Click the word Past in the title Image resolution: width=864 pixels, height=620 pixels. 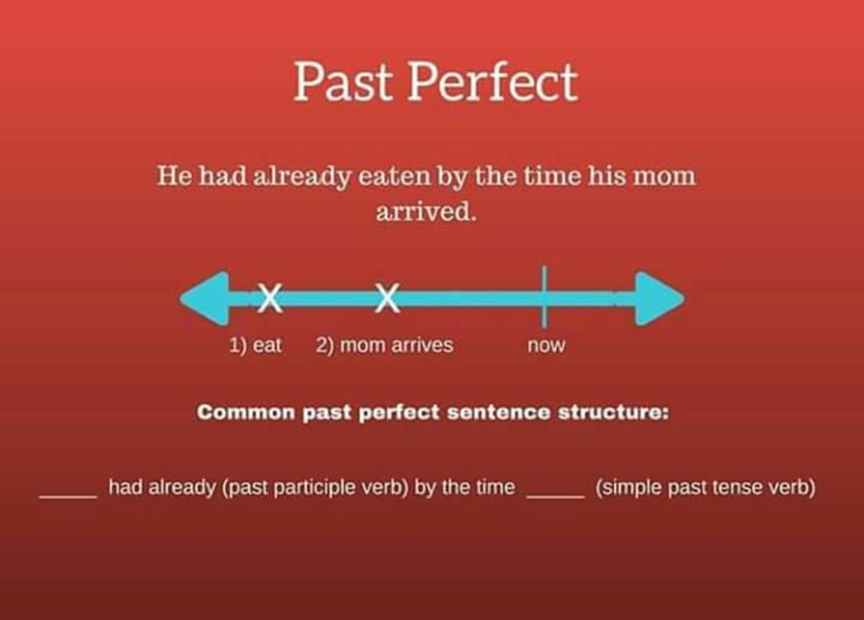point(345,83)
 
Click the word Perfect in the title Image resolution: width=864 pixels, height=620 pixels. point(494,83)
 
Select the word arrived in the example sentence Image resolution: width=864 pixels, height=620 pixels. point(426,211)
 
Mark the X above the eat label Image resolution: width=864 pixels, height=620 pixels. point(270,298)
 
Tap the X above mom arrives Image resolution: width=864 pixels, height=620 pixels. point(387,298)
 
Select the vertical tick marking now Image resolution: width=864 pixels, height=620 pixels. point(544,296)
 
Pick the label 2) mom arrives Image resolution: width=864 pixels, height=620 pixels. point(385,345)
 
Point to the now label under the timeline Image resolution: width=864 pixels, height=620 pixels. point(546,346)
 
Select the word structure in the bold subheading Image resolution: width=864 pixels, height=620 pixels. point(613,413)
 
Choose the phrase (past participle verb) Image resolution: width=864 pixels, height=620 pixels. point(315,488)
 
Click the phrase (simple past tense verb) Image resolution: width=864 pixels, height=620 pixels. point(705,488)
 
